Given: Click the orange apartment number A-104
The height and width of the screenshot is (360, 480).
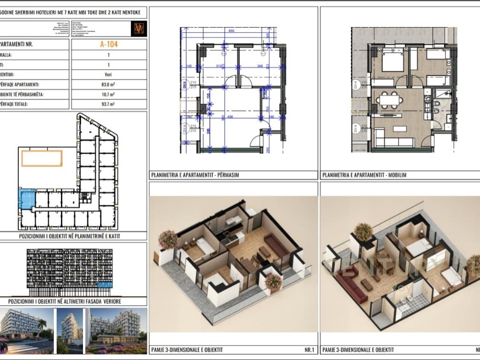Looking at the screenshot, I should click(108, 45).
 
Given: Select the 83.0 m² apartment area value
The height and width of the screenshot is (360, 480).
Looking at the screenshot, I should click(108, 84).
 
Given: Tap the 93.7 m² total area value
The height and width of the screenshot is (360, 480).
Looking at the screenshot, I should click(108, 104).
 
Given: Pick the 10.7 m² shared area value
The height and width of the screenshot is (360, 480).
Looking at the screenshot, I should click(108, 94).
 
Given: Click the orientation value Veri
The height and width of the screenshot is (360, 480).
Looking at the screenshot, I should click(108, 74).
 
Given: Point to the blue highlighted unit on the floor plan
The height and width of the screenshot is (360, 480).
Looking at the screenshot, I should click(27, 198).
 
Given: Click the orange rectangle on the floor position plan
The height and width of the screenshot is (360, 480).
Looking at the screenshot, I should click(42, 158).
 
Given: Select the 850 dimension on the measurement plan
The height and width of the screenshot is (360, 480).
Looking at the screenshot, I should click(231, 31).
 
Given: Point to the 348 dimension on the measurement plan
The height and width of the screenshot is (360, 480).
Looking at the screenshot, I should click(260, 66).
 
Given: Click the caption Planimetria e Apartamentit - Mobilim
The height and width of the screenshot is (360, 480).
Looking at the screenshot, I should click(364, 175).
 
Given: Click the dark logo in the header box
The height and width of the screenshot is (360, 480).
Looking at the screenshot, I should click(139, 28).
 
